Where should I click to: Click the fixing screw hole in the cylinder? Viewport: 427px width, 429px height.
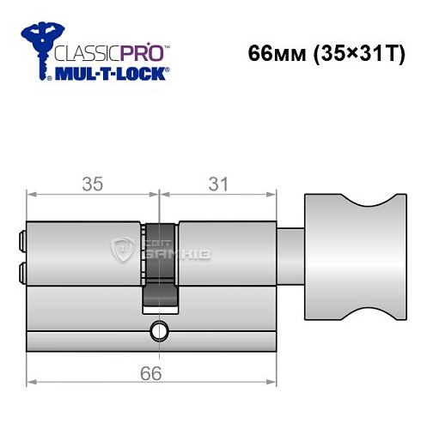click(x=157, y=330)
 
